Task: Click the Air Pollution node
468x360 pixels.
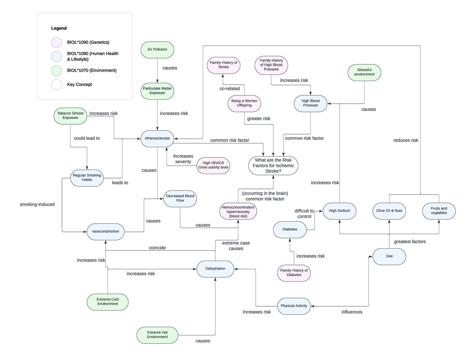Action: point(157,50)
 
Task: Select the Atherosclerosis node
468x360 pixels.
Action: point(157,139)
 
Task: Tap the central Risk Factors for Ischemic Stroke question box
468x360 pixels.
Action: point(273,166)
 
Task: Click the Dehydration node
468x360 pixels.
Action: point(215,268)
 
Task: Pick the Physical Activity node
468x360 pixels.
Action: point(294,306)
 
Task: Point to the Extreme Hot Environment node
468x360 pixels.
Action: point(157,334)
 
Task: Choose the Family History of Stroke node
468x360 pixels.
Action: point(223,65)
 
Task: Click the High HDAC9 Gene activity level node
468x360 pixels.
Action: point(213,165)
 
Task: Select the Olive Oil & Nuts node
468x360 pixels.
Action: point(389,211)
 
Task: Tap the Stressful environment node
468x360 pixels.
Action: point(364,72)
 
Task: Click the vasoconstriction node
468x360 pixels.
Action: point(106,231)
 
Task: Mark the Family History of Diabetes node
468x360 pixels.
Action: point(294,273)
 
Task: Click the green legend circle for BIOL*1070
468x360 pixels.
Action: point(57,71)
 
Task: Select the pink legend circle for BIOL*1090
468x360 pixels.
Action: point(57,42)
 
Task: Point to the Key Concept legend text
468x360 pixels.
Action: point(80,85)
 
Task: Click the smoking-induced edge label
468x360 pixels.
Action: point(37,204)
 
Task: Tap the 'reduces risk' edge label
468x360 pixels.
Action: point(406,140)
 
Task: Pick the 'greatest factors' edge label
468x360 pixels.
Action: point(410,242)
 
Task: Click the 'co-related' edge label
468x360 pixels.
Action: point(230,88)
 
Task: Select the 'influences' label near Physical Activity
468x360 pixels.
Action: point(352,312)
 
